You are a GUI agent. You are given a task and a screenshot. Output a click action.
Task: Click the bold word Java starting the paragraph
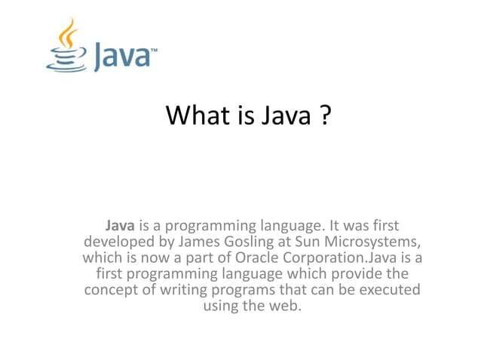point(121,224)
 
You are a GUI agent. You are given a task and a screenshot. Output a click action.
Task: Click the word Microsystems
point(372,241)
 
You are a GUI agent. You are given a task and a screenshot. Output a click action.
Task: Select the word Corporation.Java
point(339,258)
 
